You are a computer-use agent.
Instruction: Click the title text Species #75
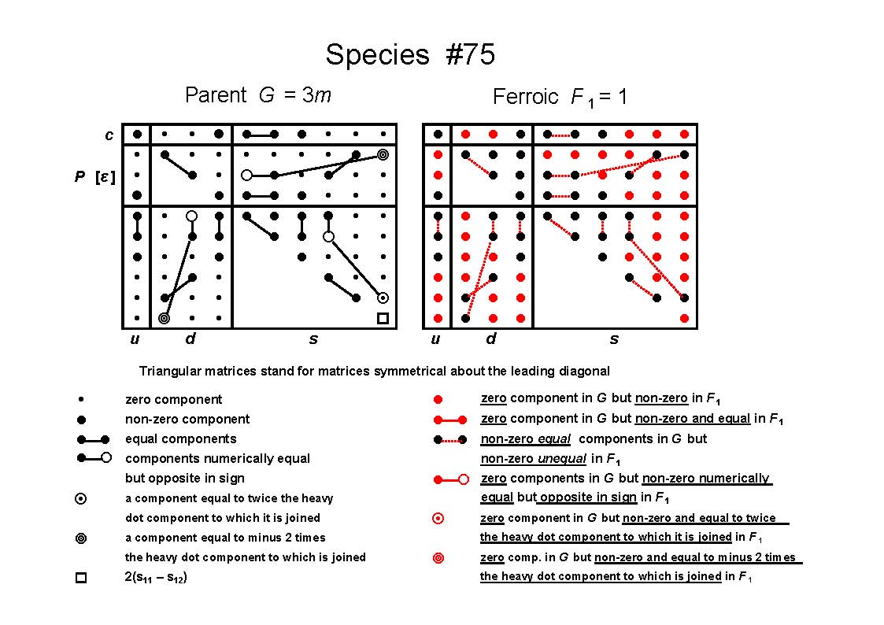410,54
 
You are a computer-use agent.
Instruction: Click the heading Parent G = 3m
258,94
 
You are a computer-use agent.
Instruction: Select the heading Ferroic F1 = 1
559,97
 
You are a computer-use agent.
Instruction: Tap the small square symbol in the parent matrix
383,319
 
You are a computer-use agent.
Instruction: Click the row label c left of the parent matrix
109,135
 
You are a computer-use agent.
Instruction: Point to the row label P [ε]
94,177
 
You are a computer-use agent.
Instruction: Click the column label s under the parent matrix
313,339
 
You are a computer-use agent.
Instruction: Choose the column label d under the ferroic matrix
491,338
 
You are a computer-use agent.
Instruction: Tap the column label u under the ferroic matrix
435,339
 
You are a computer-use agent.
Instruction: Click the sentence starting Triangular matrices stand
375,372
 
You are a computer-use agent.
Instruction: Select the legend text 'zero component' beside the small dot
174,400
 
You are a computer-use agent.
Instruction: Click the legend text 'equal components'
181,439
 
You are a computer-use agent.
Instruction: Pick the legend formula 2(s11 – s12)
156,577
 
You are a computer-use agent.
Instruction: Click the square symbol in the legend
81,578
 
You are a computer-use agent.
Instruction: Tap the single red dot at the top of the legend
438,400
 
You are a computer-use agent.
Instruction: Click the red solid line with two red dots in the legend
450,420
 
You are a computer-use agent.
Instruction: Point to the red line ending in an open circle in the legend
451,479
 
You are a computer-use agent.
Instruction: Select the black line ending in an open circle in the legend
94,457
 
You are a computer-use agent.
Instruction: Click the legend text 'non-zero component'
187,420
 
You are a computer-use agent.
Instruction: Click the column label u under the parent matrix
135,339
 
